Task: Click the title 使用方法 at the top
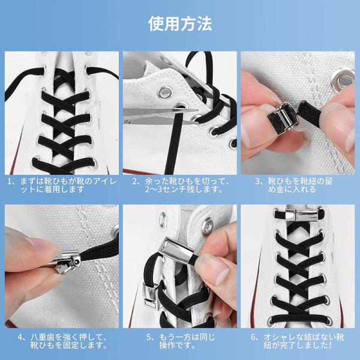point(180,23)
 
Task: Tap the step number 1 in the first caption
point(10,181)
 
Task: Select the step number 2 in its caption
point(135,181)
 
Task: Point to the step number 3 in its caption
point(258,181)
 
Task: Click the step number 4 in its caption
point(20,337)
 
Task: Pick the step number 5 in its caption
point(149,337)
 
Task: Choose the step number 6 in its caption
point(253,337)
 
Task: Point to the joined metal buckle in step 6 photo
point(298,215)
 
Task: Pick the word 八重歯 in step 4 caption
point(43,337)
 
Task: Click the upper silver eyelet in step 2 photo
point(164,92)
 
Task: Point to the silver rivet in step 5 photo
point(208,226)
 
